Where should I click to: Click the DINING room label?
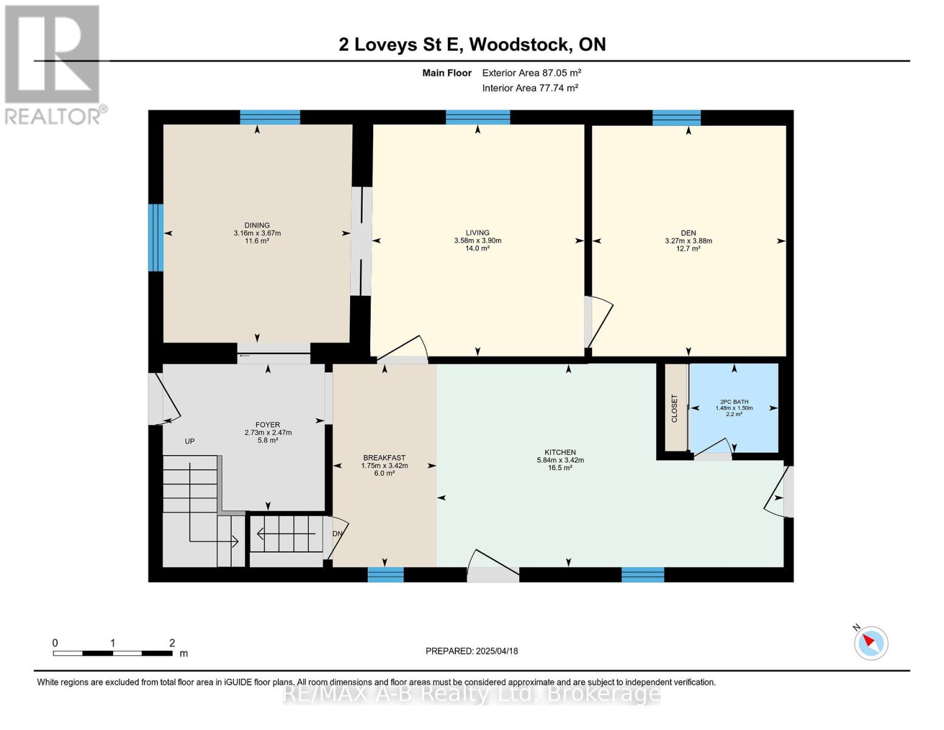click(257, 225)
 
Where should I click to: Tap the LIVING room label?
click(477, 232)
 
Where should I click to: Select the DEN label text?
click(689, 233)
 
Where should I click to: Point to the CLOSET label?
click(674, 408)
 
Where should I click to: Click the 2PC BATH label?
click(734, 401)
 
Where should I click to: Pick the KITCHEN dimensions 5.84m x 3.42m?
click(560, 460)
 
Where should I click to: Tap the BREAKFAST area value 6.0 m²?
click(384, 473)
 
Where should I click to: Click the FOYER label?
click(267, 425)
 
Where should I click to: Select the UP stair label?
click(190, 441)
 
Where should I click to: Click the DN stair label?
click(337, 534)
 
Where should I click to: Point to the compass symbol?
click(870, 644)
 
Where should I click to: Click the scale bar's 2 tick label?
click(172, 642)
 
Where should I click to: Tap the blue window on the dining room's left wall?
click(156, 237)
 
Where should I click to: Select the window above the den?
click(677, 118)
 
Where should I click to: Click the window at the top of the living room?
click(478, 117)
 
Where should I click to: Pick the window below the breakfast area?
click(385, 574)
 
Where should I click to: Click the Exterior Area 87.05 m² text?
click(532, 73)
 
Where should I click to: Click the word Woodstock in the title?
click(520, 44)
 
